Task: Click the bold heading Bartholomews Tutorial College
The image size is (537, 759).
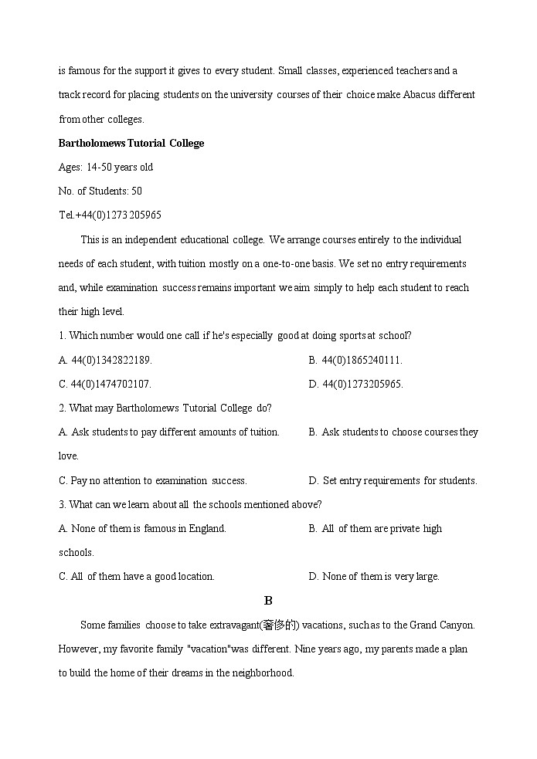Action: [x=131, y=143]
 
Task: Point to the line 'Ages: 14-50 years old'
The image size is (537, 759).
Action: [x=106, y=167]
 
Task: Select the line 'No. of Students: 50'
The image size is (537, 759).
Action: [x=100, y=191]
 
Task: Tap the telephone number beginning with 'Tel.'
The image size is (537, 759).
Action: [x=110, y=215]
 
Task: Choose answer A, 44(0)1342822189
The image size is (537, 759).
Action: [x=106, y=360]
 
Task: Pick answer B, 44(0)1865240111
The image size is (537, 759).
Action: [x=355, y=360]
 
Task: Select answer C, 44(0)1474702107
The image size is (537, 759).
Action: [x=105, y=384]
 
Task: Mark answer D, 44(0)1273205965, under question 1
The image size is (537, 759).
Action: [x=355, y=384]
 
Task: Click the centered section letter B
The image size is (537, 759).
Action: [x=268, y=601]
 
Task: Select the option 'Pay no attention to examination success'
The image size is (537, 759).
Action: [x=153, y=480]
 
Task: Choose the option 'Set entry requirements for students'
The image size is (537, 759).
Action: [x=393, y=480]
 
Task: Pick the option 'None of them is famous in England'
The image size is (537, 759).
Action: [x=143, y=528]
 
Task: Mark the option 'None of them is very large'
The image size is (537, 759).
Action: [x=374, y=576]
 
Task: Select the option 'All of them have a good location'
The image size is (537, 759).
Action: [x=137, y=576]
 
